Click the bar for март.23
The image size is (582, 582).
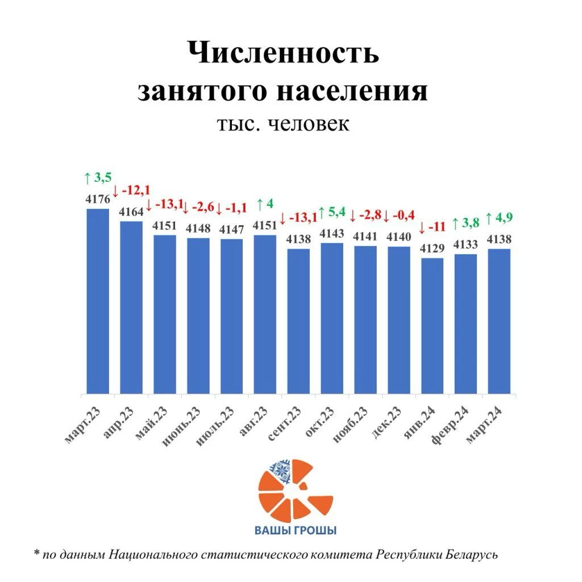(97, 301)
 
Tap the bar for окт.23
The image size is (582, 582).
(331, 318)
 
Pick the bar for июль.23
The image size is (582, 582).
(231, 316)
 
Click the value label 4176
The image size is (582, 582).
(97, 200)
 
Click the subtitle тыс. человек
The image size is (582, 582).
(282, 123)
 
